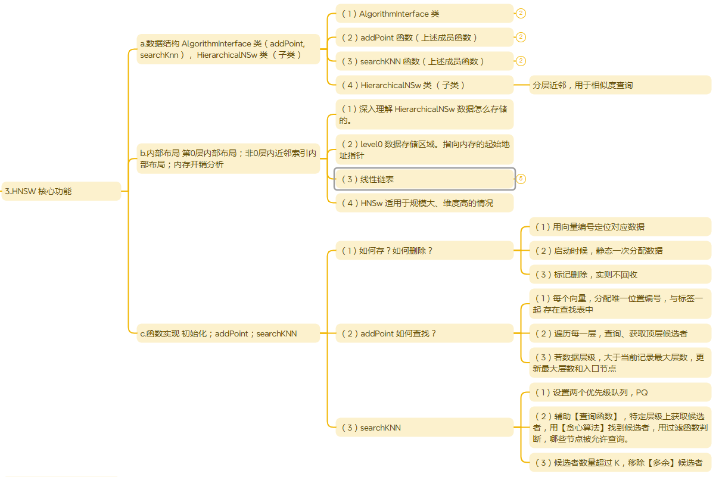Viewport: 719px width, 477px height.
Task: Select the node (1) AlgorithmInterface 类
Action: click(424, 14)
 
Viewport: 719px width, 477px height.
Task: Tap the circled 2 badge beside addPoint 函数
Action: click(521, 38)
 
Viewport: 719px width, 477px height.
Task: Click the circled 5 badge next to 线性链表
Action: click(521, 179)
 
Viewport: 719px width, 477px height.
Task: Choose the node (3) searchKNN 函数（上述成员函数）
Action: click(424, 61)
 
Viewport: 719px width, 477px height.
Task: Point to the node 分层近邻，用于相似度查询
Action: click(620, 85)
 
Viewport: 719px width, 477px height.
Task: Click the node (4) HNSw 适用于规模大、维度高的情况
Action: click(424, 203)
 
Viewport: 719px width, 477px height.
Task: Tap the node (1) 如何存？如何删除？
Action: click(424, 251)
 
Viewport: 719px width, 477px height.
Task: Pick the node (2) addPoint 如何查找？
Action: click(424, 333)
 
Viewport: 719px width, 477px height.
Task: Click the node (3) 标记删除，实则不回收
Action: click(620, 275)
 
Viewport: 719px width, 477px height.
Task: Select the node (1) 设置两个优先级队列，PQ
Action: click(620, 392)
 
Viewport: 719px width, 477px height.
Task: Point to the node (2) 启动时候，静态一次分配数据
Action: click(620, 251)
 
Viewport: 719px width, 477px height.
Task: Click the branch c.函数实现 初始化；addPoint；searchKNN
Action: click(228, 333)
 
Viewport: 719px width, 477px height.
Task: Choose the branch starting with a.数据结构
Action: click(228, 49)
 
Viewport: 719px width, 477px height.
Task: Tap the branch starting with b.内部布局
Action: click(228, 158)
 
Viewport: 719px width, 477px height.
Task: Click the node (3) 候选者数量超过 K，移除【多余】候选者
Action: click(620, 463)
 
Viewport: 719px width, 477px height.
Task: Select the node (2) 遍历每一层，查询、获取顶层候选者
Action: click(620, 333)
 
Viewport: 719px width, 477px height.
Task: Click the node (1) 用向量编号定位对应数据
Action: click(620, 227)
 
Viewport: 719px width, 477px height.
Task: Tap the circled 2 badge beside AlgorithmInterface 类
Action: click(521, 14)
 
